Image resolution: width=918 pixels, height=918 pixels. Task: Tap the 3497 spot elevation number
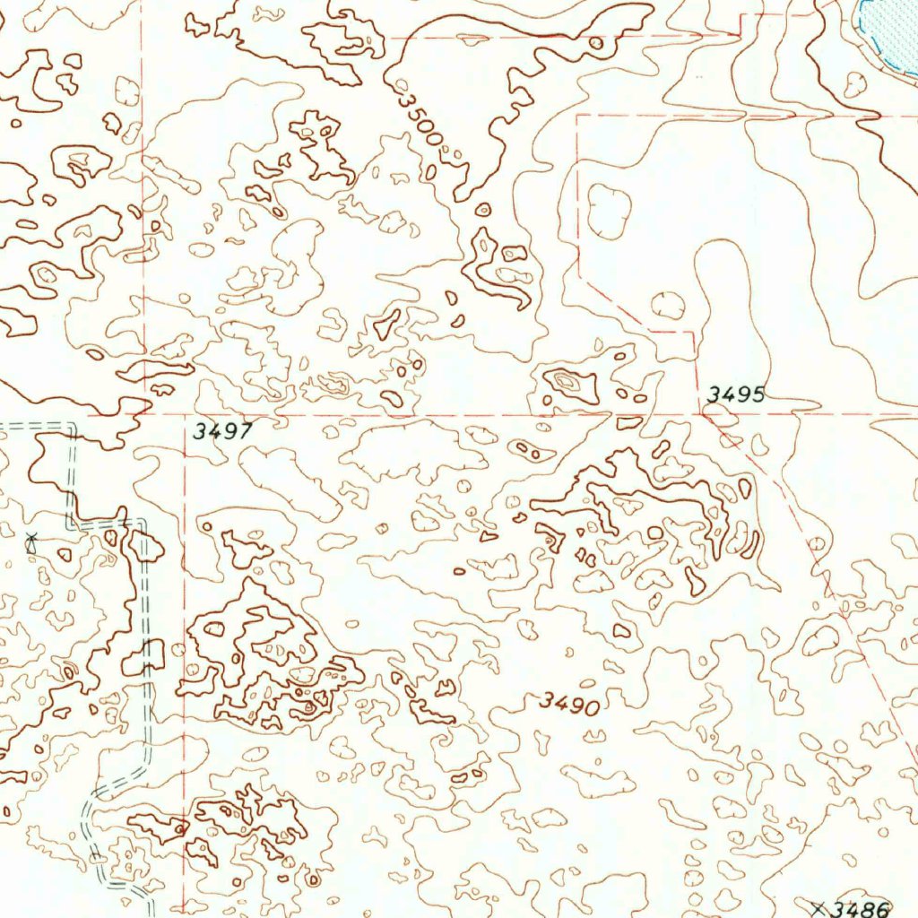tap(222, 431)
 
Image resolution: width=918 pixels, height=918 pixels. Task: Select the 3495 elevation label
tap(735, 394)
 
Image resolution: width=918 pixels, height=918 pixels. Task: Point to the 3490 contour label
tap(569, 704)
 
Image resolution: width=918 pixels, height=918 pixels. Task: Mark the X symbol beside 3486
tap(816, 906)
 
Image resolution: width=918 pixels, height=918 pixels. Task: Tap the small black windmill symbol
tap(32, 541)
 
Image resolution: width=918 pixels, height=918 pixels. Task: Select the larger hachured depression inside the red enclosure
tap(610, 212)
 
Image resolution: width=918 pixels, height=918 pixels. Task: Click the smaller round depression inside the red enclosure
tap(668, 305)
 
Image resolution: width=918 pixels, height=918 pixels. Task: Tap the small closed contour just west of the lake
tap(855, 84)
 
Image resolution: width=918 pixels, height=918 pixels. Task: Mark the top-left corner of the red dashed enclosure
tap(576, 116)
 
